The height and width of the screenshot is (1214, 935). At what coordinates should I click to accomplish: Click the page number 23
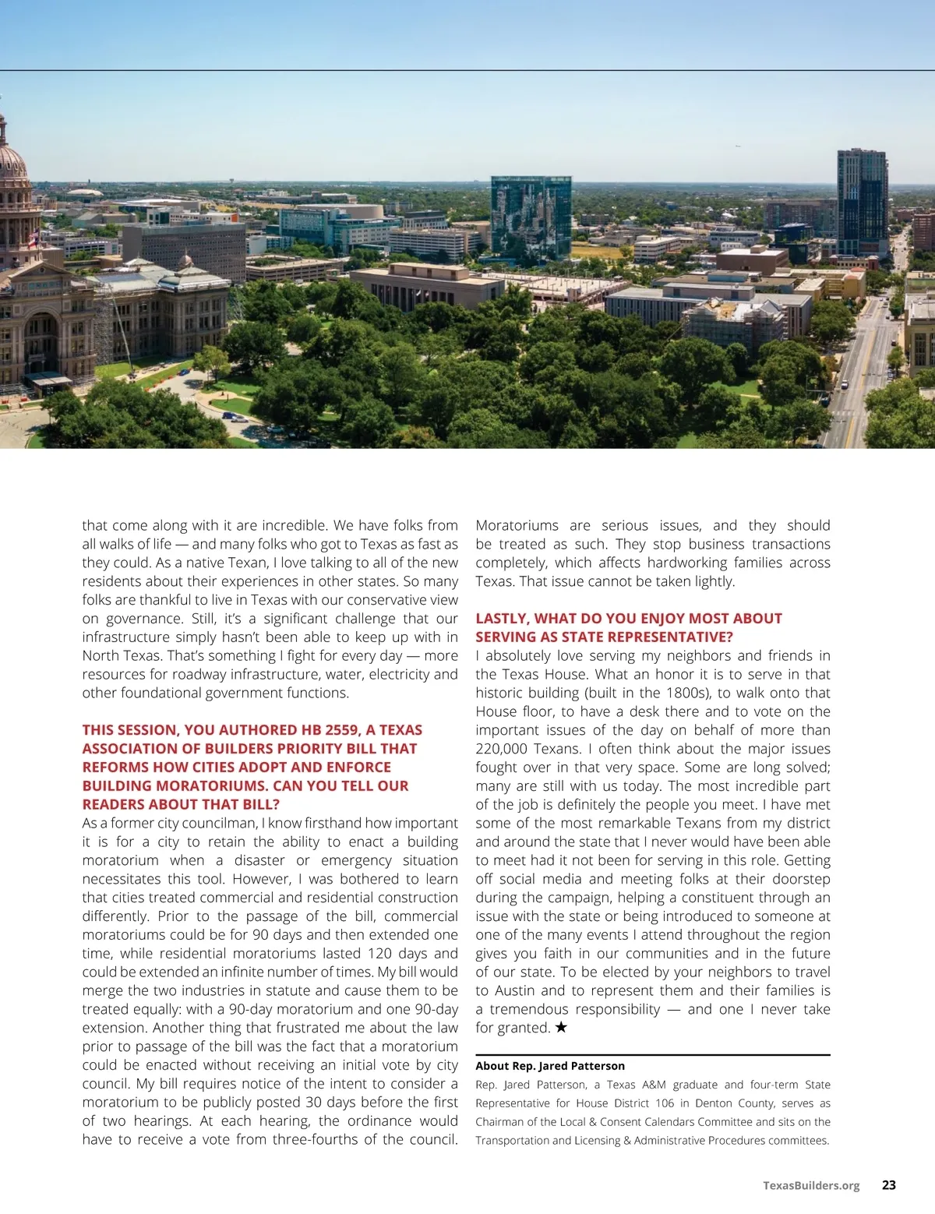(888, 1185)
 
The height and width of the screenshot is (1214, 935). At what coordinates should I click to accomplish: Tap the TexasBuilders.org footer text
(811, 1186)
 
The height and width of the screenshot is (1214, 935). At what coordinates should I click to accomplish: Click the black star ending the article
(561, 1028)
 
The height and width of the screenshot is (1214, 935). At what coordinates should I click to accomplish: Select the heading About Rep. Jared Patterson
(550, 1066)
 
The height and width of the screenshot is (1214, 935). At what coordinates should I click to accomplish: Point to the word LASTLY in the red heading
(503, 619)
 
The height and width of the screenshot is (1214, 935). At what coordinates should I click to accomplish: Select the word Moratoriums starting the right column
(517, 525)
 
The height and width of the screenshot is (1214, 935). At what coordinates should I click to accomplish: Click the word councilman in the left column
(220, 823)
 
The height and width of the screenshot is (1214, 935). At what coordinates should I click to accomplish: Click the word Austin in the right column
(513, 990)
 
